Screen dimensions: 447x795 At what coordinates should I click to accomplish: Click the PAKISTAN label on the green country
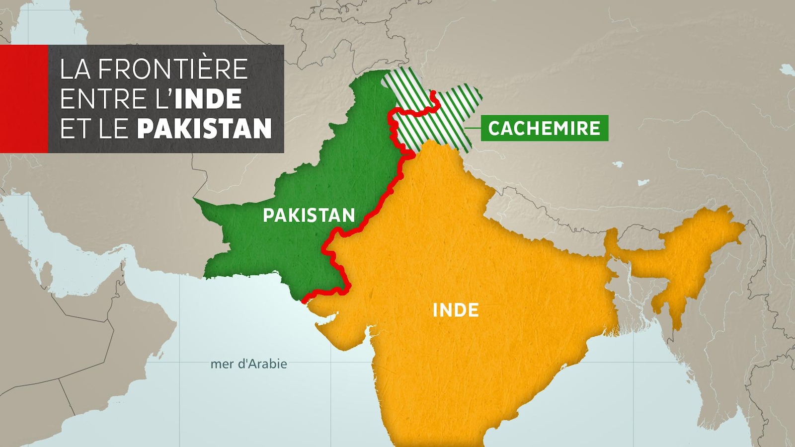point(309,215)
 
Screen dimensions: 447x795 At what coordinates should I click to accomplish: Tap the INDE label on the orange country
point(456,310)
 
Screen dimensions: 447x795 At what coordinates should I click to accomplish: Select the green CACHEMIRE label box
point(544,128)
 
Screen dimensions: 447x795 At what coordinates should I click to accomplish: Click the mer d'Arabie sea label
point(248,364)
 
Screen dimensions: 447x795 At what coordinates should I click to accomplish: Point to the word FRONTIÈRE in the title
point(172,69)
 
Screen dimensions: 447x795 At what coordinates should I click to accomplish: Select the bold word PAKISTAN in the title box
point(204,129)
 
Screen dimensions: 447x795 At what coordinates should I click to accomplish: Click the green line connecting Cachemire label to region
point(474,128)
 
